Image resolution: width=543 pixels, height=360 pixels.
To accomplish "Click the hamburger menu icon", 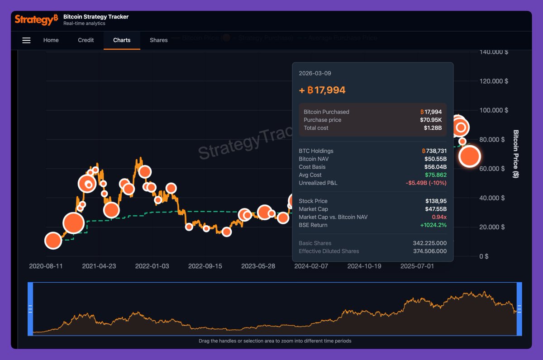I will tap(26, 40).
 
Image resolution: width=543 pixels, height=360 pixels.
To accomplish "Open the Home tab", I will tap(51, 40).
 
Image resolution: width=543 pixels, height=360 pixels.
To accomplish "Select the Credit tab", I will tap(86, 40).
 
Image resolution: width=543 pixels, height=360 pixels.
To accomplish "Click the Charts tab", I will tap(122, 40).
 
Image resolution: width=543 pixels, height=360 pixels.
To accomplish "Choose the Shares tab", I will tap(159, 40).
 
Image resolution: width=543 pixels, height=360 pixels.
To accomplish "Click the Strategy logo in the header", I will tap(36, 19).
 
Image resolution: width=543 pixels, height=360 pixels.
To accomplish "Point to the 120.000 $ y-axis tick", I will tap(494, 81).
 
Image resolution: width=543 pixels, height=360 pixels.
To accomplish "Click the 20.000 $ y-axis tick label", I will tap(492, 227).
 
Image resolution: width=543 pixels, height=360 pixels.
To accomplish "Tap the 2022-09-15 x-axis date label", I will tap(205, 266).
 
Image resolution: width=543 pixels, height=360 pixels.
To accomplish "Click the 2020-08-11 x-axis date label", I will tap(46, 266).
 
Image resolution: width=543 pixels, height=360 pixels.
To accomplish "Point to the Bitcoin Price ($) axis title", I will tap(515, 154).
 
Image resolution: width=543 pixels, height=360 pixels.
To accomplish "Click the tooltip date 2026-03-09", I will tap(312, 73).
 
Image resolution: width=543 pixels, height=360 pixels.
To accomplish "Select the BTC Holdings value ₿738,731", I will tap(433, 151).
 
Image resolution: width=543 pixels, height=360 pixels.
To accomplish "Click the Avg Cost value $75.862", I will tap(435, 175).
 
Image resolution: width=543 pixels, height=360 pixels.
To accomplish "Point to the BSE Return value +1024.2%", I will tap(433, 225).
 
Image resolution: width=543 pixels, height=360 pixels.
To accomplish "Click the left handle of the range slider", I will tap(30, 309).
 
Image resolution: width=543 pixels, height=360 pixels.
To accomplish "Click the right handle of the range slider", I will tap(519, 309).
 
